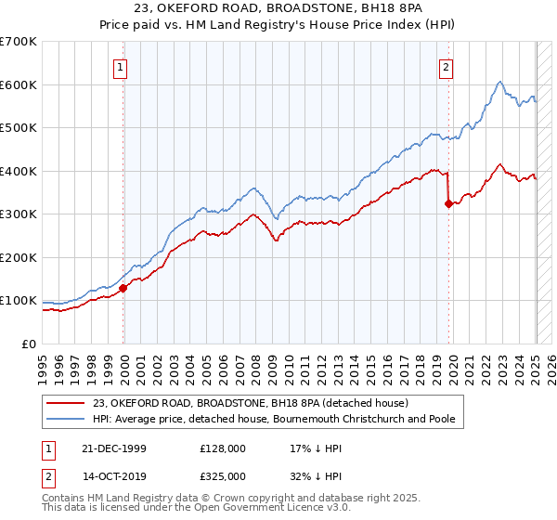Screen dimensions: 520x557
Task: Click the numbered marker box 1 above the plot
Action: tap(123, 66)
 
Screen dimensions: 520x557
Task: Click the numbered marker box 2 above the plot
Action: tap(447, 66)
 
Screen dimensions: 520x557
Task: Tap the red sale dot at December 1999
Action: tap(123, 288)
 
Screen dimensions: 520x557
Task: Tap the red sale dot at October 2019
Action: tap(448, 204)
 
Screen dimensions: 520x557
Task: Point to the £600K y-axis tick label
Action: tap(19, 84)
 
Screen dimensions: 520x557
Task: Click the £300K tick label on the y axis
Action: tap(19, 214)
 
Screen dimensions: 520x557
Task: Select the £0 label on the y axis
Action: tap(30, 344)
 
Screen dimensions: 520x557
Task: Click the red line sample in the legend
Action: tap(66, 404)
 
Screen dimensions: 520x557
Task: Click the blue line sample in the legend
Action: tap(66, 420)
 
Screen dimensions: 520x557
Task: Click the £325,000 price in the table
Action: tap(223, 475)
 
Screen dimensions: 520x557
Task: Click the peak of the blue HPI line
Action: tap(499, 82)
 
